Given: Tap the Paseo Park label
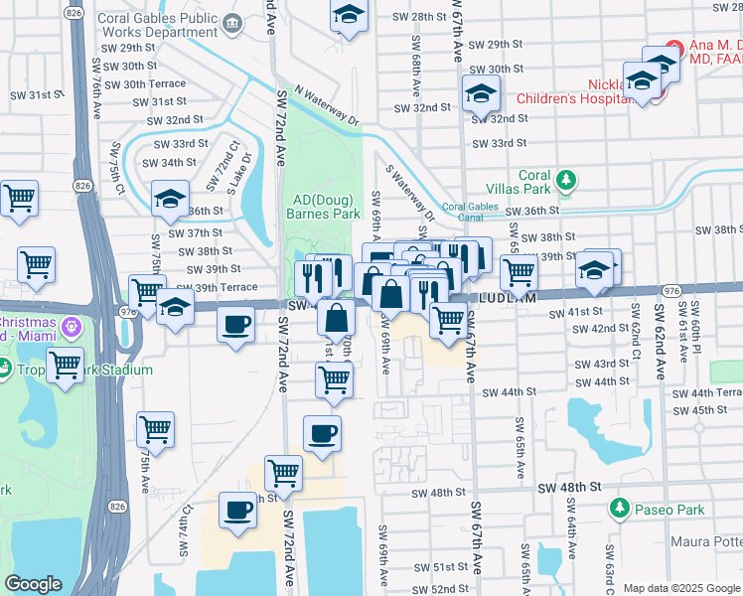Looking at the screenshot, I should [x=669, y=510].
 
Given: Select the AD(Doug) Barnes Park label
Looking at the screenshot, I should [x=322, y=205].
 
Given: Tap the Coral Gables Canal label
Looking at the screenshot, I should [x=468, y=213].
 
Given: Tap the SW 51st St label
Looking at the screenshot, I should [x=441, y=567].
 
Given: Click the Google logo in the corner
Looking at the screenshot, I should [x=34, y=584].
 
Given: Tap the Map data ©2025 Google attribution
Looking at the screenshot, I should [x=681, y=588].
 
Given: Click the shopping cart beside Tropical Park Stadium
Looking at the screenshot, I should [x=66, y=365].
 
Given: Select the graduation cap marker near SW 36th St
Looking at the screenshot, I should [x=170, y=200].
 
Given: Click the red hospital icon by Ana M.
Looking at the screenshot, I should [x=673, y=46].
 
